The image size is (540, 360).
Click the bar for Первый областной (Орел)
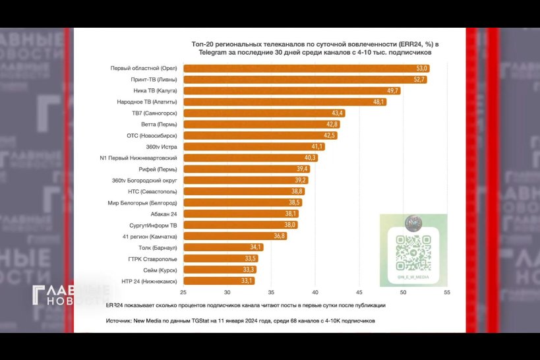pos(307,69)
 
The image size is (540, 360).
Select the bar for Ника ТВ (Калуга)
pos(291,91)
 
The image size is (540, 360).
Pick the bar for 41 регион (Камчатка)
pos(235,236)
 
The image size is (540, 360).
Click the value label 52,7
pos(419,80)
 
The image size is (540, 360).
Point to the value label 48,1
pos(378,102)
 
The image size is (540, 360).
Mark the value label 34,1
pos(255,247)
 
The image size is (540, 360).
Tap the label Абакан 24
pos(163,214)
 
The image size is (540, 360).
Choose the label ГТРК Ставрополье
pos(152,258)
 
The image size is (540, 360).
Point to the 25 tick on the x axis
pos(183,292)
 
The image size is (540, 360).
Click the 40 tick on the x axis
pos(315,292)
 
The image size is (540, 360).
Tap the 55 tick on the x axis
pos(447,292)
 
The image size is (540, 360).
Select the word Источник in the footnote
pos(119,321)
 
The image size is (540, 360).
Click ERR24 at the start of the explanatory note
pos(115,305)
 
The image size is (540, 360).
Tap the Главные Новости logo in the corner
pos(71,297)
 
